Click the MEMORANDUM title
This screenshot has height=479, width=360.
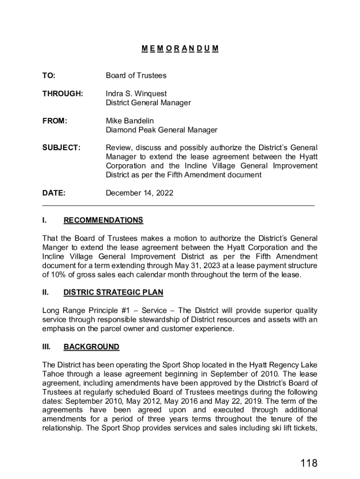180,48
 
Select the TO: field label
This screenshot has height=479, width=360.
49,75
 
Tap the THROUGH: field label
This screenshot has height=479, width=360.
63,94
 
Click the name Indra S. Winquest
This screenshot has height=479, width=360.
136,94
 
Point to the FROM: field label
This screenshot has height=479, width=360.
55,121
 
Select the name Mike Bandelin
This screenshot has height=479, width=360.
130,121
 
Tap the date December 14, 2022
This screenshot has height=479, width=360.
139,193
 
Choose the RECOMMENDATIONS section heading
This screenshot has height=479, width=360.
103,220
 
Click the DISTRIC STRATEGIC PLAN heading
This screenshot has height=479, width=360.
113,292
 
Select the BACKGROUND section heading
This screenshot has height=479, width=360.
91,347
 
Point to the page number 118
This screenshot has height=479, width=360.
309,463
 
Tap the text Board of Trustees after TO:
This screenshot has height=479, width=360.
136,75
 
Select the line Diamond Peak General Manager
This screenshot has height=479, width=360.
161,130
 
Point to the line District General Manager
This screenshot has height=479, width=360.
148,102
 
